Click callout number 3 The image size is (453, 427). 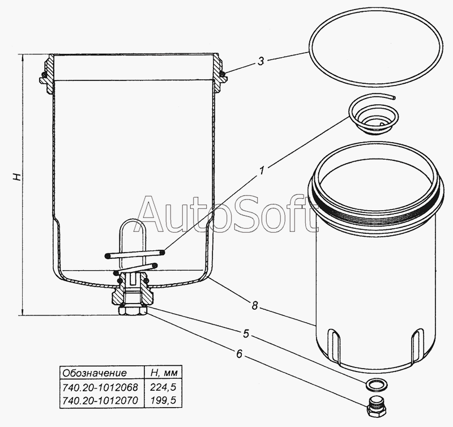pyautogui.click(x=260, y=61)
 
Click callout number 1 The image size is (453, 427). pyautogui.click(x=262, y=170)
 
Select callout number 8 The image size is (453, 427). pyautogui.click(x=254, y=305)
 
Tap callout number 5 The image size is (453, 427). pyautogui.click(x=246, y=334)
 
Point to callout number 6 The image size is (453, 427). pyautogui.click(x=239, y=353)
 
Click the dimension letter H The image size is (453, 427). pyautogui.click(x=17, y=177)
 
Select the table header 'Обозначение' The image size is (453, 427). pyautogui.click(x=95, y=373)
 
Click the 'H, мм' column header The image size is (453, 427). pyautogui.click(x=164, y=373)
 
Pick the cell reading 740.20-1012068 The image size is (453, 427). pyautogui.click(x=100, y=387)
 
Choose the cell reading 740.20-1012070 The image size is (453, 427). pyautogui.click(x=100, y=400)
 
